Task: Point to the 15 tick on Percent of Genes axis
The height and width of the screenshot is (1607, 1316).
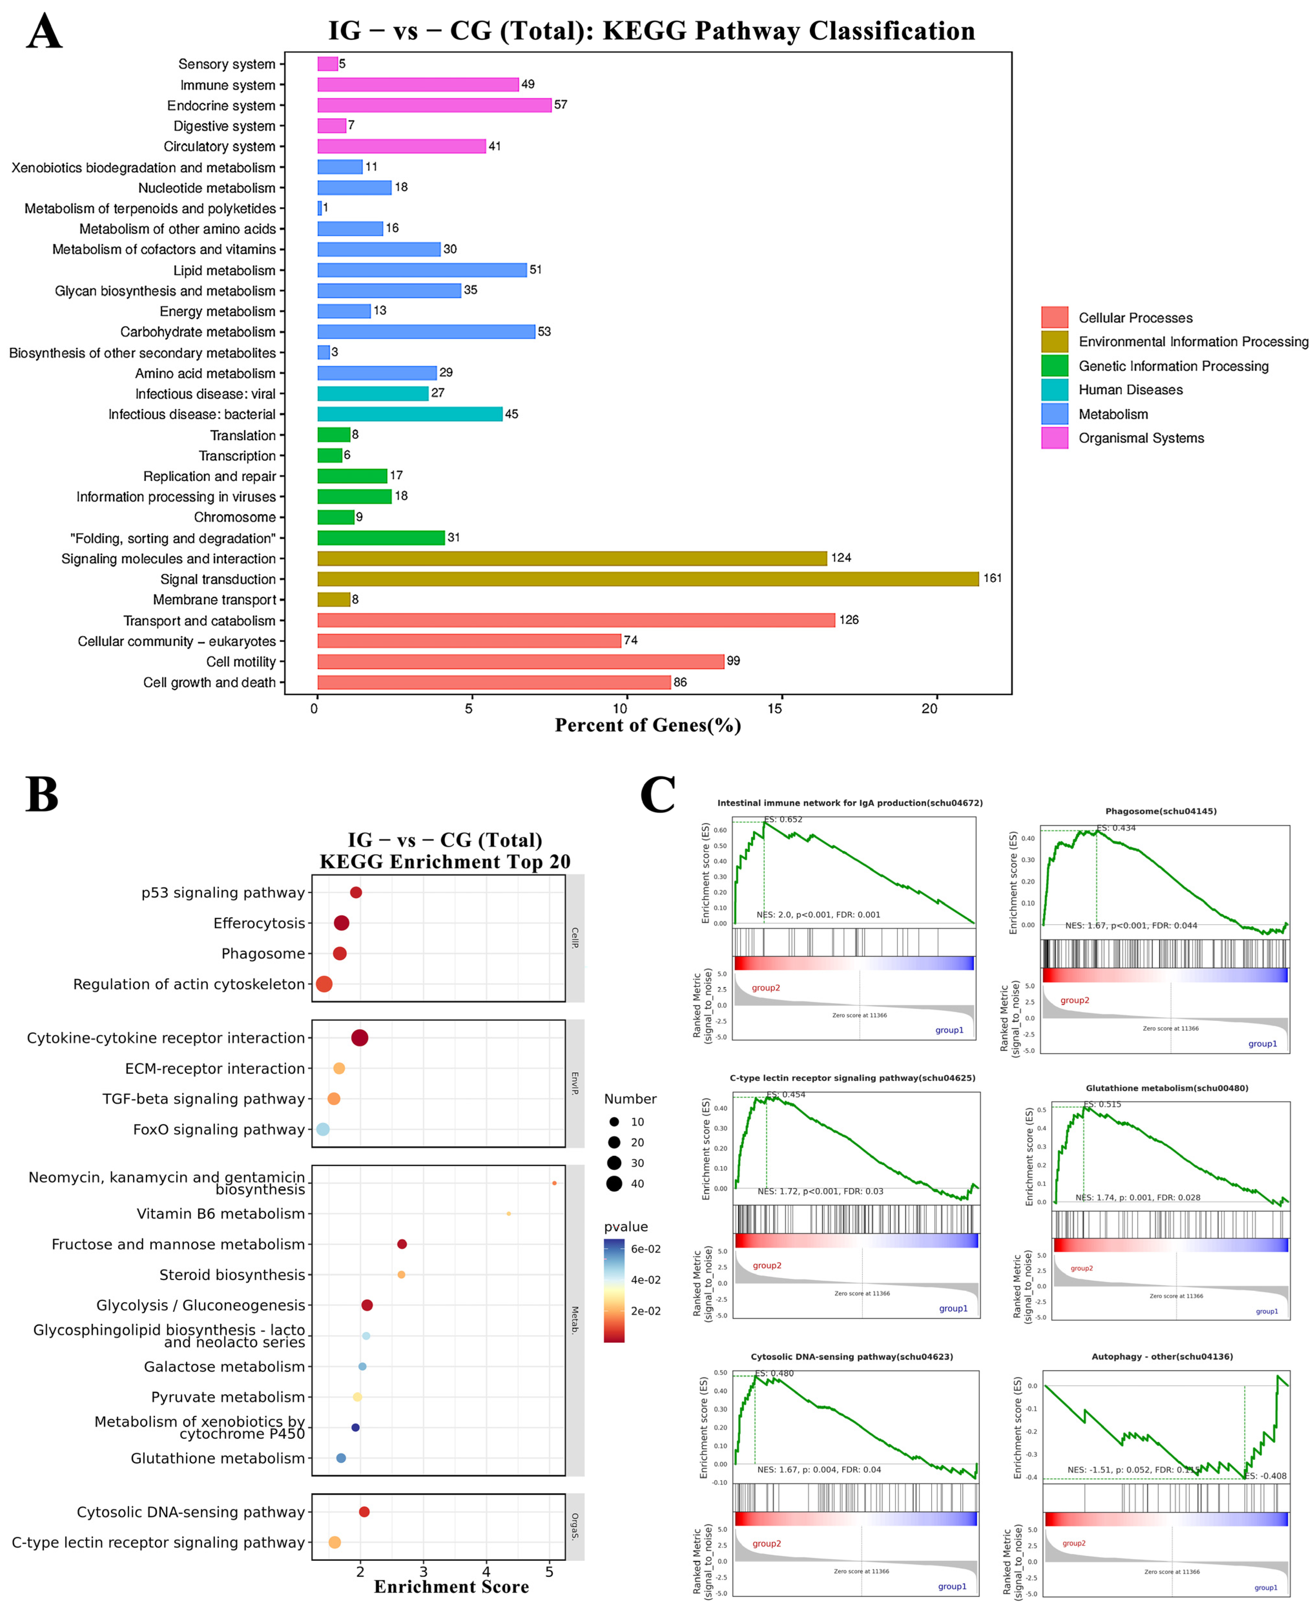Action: (775, 709)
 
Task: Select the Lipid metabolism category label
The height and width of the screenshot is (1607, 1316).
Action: (224, 270)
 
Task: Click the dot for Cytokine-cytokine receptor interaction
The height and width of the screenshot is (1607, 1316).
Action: (360, 1038)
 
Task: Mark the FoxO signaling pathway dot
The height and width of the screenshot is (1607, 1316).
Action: (323, 1129)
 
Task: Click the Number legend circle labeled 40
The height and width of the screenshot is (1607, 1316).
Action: (614, 1183)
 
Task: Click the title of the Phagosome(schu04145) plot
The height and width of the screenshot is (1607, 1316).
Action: (1161, 811)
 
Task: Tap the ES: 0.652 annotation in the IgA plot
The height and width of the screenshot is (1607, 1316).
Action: (783, 819)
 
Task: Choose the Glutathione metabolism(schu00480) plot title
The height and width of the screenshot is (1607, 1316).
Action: (1167, 1088)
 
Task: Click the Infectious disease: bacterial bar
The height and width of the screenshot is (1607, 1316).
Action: (409, 414)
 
